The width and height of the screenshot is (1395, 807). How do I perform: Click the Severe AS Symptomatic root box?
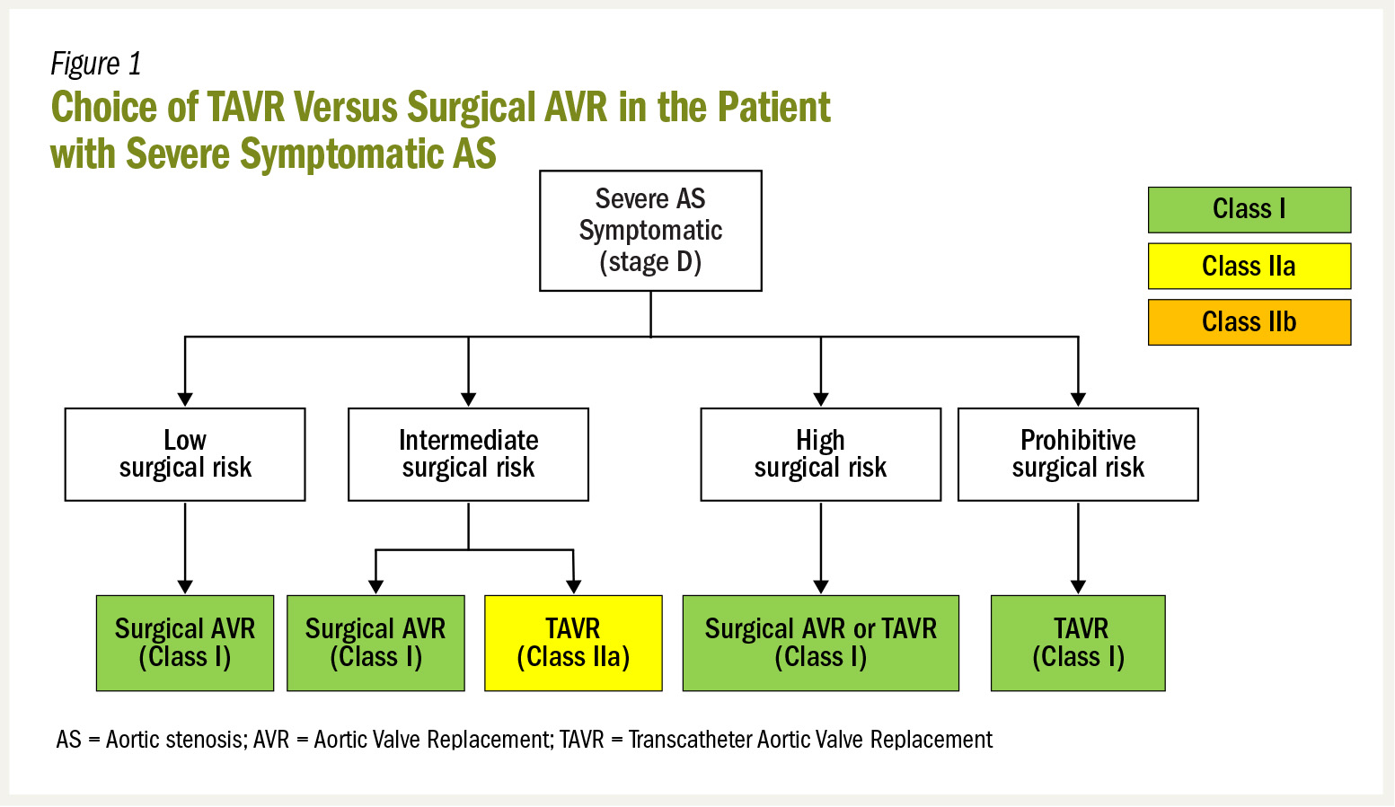point(650,231)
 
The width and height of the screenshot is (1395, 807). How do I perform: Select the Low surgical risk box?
point(185,454)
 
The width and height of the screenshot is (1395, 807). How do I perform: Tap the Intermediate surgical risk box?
point(468,454)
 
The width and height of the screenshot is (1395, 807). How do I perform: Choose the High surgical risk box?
point(820,454)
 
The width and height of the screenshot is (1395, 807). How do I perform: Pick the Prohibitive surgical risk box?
point(1078,454)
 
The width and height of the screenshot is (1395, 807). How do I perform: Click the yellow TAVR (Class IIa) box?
point(573,643)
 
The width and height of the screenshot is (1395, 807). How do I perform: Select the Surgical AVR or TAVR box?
point(820,643)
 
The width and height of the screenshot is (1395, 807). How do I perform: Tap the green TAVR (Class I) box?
point(1078,643)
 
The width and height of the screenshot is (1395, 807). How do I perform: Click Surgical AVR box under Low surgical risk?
point(185,643)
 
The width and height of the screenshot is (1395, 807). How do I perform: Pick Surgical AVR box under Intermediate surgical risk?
point(375,643)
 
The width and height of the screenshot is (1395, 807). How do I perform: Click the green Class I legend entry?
point(1249,210)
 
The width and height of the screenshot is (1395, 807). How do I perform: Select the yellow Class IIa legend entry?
point(1249,267)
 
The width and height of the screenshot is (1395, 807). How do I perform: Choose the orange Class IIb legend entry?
point(1249,322)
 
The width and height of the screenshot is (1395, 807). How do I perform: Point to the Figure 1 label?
point(96,64)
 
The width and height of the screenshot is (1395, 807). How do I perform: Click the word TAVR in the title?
point(246,108)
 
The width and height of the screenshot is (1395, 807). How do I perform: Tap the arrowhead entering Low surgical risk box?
point(185,399)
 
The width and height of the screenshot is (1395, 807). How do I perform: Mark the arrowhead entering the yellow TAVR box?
point(573,586)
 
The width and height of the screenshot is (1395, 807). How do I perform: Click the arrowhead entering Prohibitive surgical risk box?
point(1078,399)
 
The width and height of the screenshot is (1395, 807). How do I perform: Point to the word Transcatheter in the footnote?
point(691,740)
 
